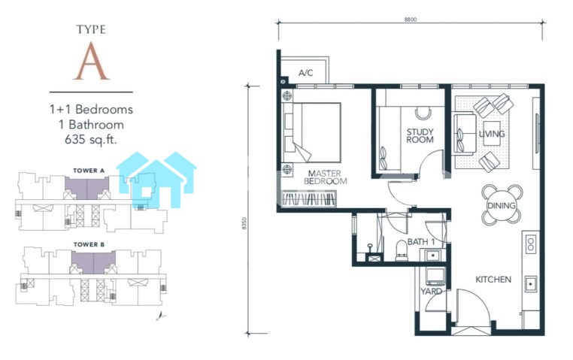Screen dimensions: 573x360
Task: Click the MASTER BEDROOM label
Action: (326, 177)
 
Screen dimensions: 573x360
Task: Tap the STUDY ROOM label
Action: (420, 135)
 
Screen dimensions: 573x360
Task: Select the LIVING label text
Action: (492, 134)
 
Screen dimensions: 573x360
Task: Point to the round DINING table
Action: (502, 205)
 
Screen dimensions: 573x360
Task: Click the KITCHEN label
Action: (493, 280)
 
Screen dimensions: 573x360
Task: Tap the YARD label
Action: (431, 292)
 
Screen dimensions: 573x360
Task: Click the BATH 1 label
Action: (421, 242)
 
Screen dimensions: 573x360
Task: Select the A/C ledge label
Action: (305, 73)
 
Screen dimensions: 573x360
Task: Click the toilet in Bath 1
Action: (402, 251)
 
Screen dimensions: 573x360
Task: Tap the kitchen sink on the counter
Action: (531, 283)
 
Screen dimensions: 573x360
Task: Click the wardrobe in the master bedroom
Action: (309, 199)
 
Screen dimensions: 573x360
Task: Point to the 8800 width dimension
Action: (410, 20)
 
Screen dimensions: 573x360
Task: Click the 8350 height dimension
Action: (244, 223)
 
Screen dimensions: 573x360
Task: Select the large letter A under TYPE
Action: (91, 61)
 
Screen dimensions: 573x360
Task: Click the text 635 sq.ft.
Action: (91, 140)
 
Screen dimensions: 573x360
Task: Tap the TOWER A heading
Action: (89, 171)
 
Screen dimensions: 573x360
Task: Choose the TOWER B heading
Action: (89, 244)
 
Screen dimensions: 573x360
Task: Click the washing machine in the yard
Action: (435, 277)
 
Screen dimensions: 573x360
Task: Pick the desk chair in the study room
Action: (423, 113)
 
